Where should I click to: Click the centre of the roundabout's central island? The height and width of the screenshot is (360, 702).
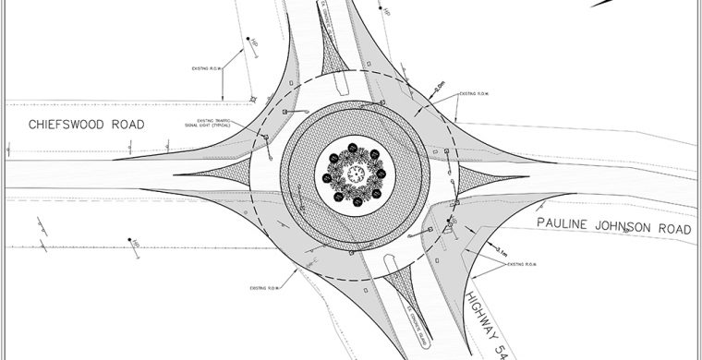[x=355, y=173]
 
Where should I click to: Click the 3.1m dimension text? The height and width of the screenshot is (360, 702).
[x=500, y=250]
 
